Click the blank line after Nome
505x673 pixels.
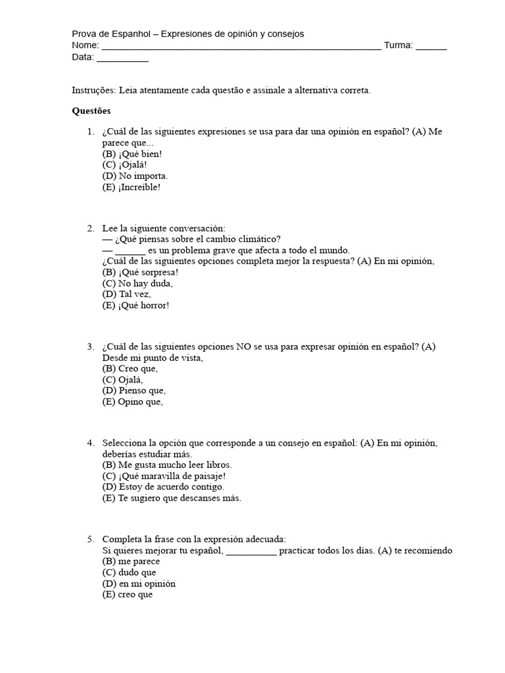pos(241,46)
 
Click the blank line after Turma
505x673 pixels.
pos(431,46)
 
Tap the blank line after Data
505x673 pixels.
pos(122,58)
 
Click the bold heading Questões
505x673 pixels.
pos(91,111)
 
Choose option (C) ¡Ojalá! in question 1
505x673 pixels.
pos(124,165)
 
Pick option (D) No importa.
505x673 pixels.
pos(135,176)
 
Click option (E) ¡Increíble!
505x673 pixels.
pos(132,187)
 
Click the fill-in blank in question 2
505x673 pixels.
pos(130,250)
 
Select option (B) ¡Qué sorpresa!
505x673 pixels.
pos(140,272)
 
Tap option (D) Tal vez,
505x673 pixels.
pos(126,294)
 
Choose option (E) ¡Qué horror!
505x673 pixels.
pos(135,306)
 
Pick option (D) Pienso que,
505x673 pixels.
pos(133,391)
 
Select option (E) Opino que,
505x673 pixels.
pos(132,402)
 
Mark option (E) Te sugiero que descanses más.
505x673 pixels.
pos(172,498)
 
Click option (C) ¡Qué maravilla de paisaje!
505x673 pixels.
pos(164,476)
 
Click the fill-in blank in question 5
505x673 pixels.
pos(252,551)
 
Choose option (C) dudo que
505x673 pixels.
pos(129,572)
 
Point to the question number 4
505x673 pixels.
pos(90,442)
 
